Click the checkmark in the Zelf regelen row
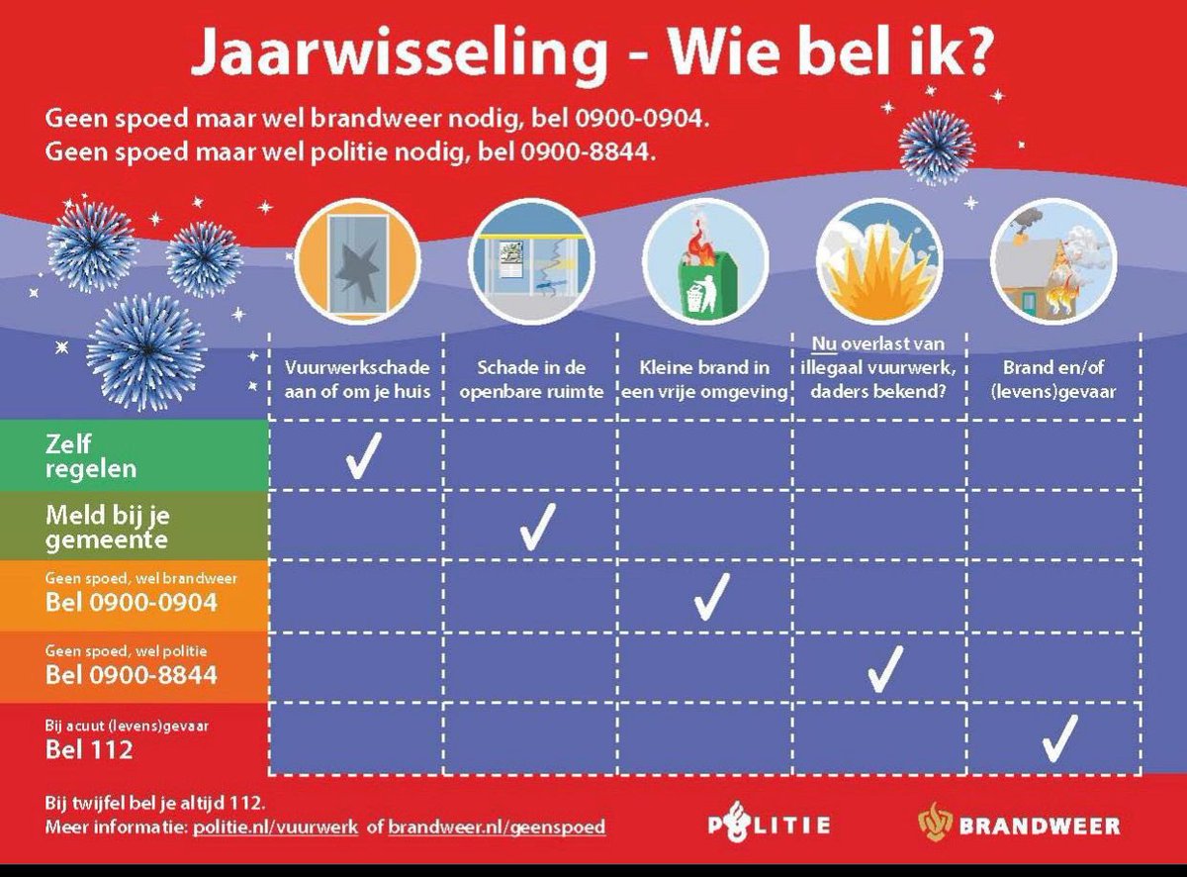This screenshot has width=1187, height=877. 360,457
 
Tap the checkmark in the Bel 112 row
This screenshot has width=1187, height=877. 1058,738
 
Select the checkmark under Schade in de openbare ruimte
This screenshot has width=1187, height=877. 536,527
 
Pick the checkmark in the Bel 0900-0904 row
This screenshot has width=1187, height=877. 710,596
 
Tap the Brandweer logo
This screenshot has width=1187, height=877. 1019,825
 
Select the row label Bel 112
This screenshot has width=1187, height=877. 89,749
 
